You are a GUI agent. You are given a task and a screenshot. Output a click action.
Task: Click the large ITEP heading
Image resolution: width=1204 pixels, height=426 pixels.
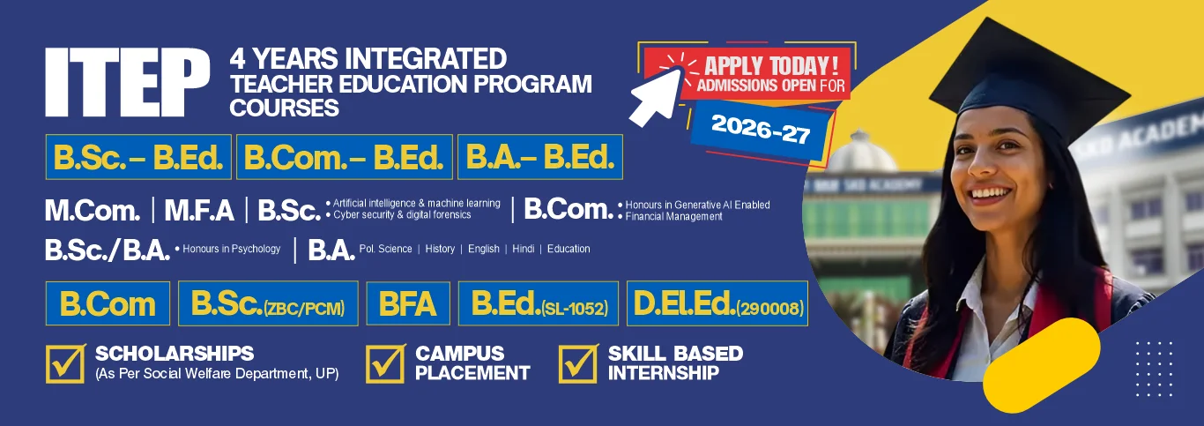point(128,82)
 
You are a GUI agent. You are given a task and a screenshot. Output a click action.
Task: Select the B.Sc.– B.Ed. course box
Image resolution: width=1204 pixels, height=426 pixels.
point(138,157)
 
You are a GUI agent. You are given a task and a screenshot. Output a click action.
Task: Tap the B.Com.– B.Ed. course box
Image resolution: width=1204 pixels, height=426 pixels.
point(344,157)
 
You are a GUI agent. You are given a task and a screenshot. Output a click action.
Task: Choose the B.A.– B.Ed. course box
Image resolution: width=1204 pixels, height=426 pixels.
point(539,157)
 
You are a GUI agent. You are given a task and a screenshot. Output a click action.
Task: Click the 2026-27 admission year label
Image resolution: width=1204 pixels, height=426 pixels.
point(761,130)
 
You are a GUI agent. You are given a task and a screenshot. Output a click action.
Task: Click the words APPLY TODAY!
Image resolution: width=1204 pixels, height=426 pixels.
point(771,65)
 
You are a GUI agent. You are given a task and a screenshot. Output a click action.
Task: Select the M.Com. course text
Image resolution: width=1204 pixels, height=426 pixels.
point(93,210)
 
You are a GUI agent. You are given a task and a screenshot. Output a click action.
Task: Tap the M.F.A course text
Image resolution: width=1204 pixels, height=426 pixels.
point(199,210)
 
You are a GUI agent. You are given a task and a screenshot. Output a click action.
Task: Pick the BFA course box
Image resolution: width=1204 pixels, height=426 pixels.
point(408,303)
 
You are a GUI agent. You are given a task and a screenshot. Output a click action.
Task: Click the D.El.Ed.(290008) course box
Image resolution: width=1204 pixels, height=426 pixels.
point(717,303)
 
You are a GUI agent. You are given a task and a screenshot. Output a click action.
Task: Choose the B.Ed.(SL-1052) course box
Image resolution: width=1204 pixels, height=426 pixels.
point(538,303)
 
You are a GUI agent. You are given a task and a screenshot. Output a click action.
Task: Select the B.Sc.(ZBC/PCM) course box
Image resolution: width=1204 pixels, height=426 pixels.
point(268,303)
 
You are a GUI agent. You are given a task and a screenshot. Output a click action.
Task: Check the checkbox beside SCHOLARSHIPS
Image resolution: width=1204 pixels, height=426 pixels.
point(65,363)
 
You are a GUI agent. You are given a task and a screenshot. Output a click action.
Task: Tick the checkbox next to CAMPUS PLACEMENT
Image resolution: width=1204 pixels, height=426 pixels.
point(385,363)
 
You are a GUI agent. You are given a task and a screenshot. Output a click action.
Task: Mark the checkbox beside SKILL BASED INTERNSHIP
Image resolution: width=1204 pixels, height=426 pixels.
point(578,363)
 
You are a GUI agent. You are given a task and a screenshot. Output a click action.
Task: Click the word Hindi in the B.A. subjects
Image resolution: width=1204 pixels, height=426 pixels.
point(523,249)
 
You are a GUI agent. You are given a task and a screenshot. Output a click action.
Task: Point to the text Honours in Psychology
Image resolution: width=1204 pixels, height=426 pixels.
point(231,249)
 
